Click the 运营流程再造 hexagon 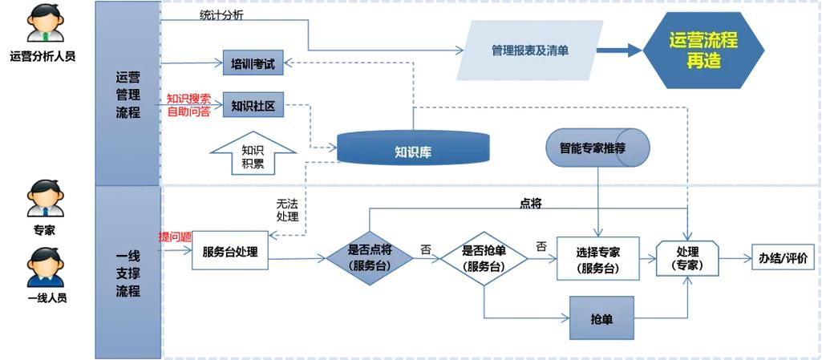coord(703,51)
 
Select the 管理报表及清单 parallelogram coord(530,51)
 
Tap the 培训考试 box coord(253,63)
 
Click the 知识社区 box coord(253,105)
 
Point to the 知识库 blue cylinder coord(413,149)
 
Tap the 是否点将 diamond coord(370,258)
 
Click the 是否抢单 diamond coord(484,258)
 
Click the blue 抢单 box coord(601,319)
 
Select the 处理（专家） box coord(687,258)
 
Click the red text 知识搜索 coord(188,99)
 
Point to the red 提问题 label coord(175,237)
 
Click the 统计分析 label coord(222,14)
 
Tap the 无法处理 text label coord(287,211)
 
